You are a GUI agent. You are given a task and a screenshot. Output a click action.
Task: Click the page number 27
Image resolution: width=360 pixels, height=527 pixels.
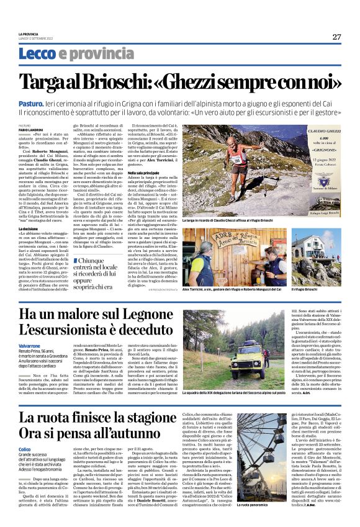[336, 37]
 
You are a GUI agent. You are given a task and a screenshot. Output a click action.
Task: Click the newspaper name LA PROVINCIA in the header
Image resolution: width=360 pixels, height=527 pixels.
[28, 34]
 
